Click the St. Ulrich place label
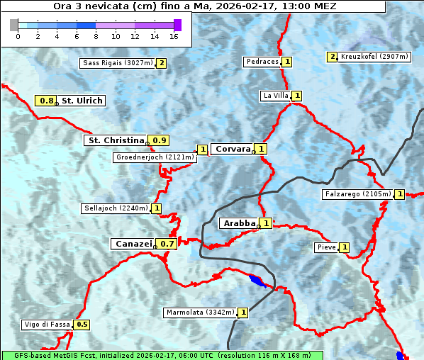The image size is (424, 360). [82, 101]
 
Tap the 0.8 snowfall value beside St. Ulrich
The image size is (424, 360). [47, 101]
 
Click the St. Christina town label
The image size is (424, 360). [115, 140]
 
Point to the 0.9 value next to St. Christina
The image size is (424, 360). [160, 140]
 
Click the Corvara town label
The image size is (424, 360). [233, 149]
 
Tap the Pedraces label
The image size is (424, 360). [262, 62]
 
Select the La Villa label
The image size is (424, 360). [275, 96]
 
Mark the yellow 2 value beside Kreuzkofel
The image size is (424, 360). [332, 57]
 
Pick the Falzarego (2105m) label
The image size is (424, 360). [357, 194]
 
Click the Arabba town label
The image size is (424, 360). [239, 223]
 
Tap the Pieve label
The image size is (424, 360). [326, 247]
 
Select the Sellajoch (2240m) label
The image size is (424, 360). [116, 208]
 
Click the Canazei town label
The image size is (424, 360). [133, 244]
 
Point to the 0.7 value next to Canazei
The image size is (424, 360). [167, 244]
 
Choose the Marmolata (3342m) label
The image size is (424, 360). [200, 313]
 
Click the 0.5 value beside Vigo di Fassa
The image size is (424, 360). [82, 325]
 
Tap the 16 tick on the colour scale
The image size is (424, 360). [174, 36]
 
